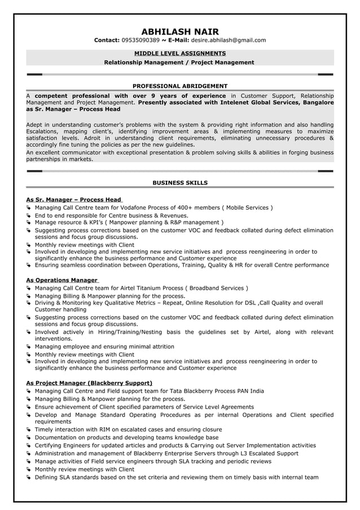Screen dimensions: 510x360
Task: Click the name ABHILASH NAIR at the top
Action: coord(180,32)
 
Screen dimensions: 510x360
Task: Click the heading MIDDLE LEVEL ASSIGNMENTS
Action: coord(180,53)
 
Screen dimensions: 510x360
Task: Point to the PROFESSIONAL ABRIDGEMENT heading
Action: coord(180,86)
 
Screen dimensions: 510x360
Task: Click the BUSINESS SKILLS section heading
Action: coord(180,182)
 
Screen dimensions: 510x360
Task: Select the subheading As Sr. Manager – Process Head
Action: coord(74,199)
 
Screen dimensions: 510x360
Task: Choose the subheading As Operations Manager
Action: coord(62,280)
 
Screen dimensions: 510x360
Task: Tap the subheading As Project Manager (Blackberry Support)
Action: coord(89,382)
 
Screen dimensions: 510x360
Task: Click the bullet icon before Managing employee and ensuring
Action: coord(29,347)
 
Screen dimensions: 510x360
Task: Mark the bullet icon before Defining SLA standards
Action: coord(29,477)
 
